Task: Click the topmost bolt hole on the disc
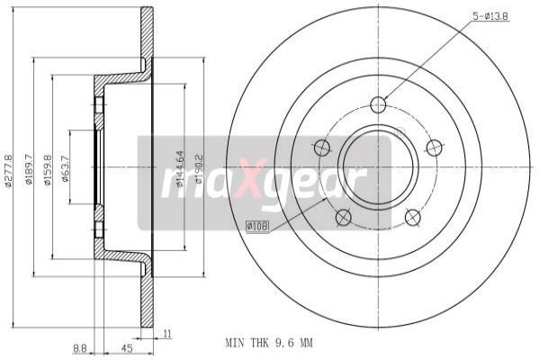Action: tap(378, 105)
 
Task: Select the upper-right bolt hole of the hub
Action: tap(435, 148)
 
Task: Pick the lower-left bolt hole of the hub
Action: tap(343, 217)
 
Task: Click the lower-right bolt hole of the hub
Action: tap(413, 217)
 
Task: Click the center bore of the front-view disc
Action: tap(378, 166)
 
